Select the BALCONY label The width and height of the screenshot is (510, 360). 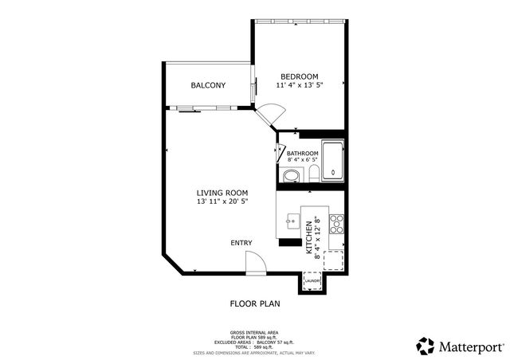[208, 85]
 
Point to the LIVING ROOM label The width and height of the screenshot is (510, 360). [222, 193]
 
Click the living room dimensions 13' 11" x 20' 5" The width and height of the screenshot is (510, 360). [222, 202]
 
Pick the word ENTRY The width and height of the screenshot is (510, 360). [241, 243]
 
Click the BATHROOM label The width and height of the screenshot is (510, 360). [303, 153]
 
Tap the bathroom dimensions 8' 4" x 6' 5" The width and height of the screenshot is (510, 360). [303, 161]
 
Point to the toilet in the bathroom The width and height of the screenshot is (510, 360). [314, 175]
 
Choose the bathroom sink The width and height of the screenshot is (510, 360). [292, 175]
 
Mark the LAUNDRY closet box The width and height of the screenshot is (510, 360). [312, 280]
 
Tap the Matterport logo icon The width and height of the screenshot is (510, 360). [425, 346]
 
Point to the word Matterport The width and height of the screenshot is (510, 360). [470, 346]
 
